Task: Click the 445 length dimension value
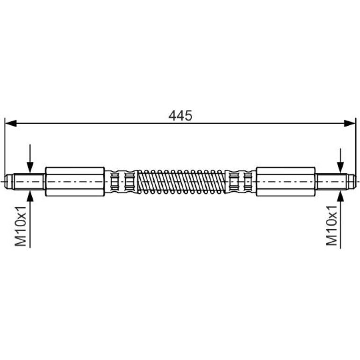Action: pos(180,115)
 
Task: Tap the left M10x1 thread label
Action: pos(21,226)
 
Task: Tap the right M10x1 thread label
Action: pos(331,226)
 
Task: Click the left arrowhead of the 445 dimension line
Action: pos(11,123)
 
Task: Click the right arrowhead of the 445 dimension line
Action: pos(349,123)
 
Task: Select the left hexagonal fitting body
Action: pos(75,181)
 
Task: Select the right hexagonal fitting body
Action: pos(286,181)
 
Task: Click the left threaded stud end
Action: pos(29,181)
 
